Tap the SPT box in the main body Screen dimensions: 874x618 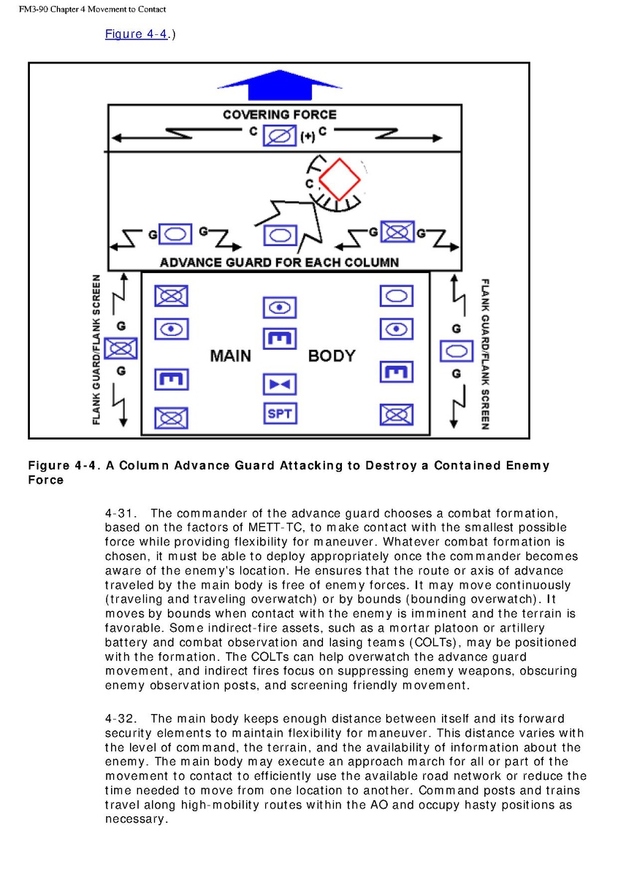[x=279, y=413]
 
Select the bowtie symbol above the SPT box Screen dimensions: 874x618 [x=279, y=383]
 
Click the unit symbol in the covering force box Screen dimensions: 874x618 [x=280, y=135]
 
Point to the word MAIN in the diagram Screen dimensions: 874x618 [x=230, y=356]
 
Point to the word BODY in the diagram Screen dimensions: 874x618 [x=332, y=356]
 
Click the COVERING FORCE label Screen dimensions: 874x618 [x=280, y=115]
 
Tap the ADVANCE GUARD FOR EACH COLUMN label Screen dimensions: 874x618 [x=279, y=262]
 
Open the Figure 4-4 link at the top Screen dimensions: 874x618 [x=137, y=34]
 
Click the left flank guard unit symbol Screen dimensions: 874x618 [x=121, y=348]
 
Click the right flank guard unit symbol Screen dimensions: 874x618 [x=456, y=351]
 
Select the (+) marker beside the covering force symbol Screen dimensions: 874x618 [x=308, y=137]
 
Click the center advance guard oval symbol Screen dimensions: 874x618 [x=279, y=235]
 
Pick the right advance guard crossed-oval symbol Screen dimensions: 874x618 [x=397, y=232]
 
